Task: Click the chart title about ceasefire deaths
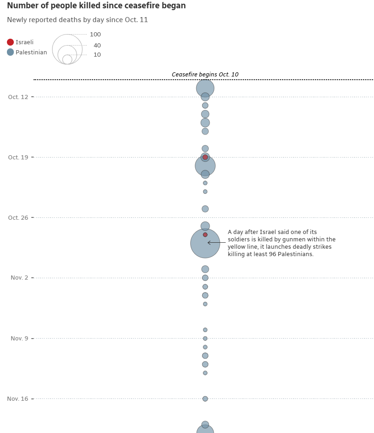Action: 96,6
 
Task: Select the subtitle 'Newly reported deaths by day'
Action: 77,20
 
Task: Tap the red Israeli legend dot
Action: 10,42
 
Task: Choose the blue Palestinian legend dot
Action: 10,53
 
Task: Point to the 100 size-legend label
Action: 95,35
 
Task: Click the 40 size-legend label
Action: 97,46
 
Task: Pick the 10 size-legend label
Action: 97,55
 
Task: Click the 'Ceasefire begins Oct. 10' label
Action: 205,75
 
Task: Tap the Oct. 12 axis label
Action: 18,97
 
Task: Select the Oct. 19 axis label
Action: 18,158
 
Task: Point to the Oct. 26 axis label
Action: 18,218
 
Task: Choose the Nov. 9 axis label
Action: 19,339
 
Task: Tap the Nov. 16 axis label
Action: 18,399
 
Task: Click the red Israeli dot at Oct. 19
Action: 205,158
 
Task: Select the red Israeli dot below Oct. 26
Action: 205,235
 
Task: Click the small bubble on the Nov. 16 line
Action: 205,399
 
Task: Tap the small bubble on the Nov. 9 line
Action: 205,339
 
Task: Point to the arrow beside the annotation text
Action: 216,243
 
